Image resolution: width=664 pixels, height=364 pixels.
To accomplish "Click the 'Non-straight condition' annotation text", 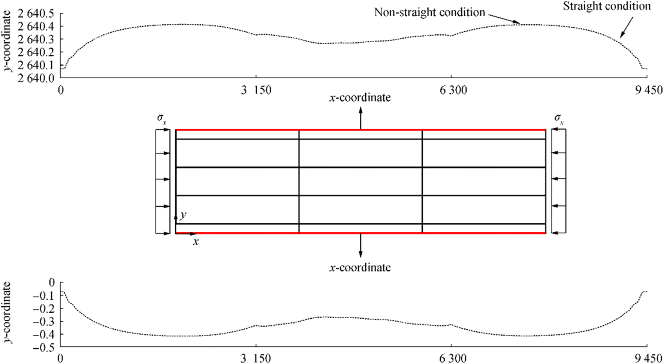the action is pyautogui.click(x=429, y=12).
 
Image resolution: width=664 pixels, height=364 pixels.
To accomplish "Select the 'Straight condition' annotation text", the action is pyautogui.click(x=607, y=6).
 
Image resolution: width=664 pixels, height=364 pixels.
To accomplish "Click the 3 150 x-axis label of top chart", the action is pyautogui.click(x=256, y=90).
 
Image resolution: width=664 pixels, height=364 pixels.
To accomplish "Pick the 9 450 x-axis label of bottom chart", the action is pyautogui.click(x=649, y=358).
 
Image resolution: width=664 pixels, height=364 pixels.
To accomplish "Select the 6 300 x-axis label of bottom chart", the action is pyautogui.click(x=453, y=358).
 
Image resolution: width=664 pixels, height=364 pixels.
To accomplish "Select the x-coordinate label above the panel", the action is pyautogui.click(x=360, y=98).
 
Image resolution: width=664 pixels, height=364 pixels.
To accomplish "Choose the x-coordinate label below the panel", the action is pyautogui.click(x=360, y=267).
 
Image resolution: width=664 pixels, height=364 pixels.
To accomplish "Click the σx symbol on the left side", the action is pyautogui.click(x=162, y=119).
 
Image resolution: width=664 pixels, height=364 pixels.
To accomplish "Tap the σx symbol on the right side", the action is pyautogui.click(x=559, y=119).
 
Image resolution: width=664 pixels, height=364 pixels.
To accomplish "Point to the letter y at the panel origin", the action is pyautogui.click(x=183, y=215).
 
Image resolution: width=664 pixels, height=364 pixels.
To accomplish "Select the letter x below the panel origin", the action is pyautogui.click(x=196, y=242).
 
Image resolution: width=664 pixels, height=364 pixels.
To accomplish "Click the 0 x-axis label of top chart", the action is pyautogui.click(x=61, y=90).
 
